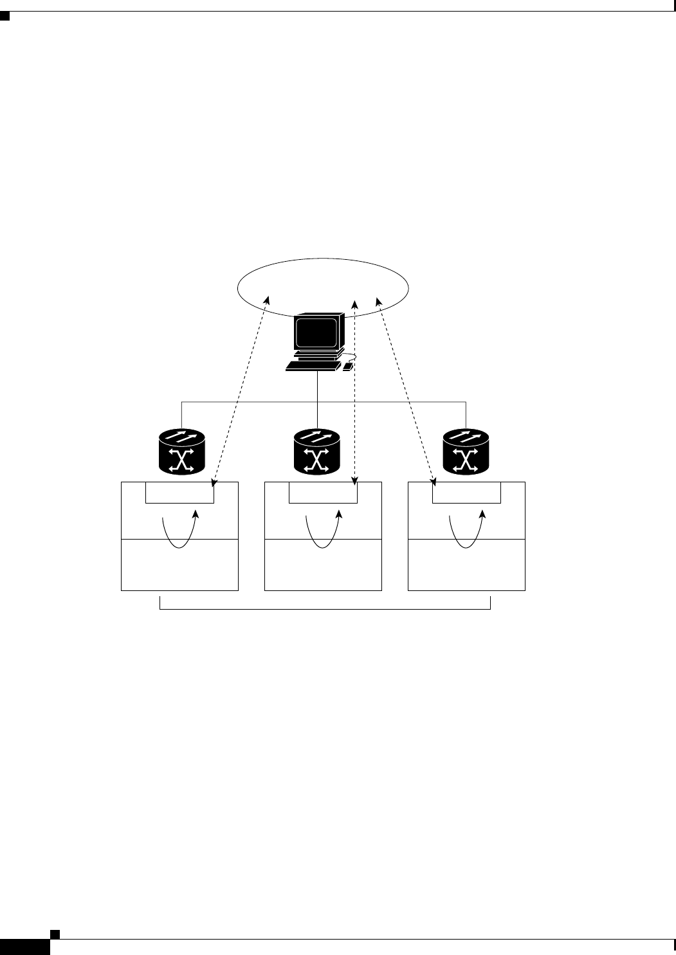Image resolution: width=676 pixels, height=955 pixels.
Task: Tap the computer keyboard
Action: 313,366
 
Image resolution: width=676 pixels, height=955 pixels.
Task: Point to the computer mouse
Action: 348,367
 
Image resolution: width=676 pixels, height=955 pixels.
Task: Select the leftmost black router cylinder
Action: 181,452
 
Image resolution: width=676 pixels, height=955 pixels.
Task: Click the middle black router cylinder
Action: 316,452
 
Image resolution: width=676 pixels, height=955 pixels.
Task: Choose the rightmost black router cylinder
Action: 466,452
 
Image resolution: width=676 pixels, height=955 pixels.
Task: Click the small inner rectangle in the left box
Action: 179,493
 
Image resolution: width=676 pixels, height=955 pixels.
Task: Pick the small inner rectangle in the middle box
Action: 323,493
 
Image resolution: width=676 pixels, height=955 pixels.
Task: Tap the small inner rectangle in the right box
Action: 466,493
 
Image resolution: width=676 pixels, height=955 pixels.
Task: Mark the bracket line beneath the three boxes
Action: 325,608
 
